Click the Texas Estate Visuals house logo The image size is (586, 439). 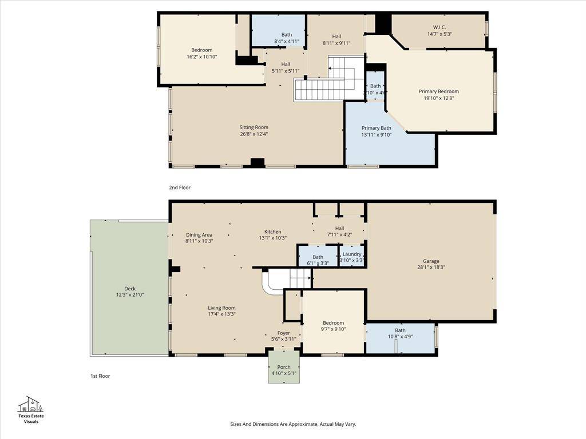(31, 404)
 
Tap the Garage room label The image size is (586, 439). (431, 261)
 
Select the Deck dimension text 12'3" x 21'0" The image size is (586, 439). (130, 294)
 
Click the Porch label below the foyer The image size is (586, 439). (284, 367)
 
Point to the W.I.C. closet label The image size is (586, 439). (439, 27)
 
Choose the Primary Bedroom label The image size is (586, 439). (439, 91)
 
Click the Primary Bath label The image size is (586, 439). (377, 128)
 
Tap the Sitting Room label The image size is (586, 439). (254, 127)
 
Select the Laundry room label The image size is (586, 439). (352, 254)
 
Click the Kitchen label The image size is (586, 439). (273, 232)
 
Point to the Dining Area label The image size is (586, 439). (199, 235)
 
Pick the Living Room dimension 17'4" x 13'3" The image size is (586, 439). (221, 314)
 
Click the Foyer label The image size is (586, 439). (284, 333)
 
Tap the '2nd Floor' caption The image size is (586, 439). (180, 187)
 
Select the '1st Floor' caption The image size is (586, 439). (100, 376)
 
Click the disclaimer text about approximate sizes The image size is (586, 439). (293, 424)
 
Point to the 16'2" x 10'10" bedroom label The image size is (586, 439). (202, 53)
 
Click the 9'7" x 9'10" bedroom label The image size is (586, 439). (334, 326)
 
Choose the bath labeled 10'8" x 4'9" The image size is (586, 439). (400, 333)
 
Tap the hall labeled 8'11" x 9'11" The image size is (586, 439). (336, 39)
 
